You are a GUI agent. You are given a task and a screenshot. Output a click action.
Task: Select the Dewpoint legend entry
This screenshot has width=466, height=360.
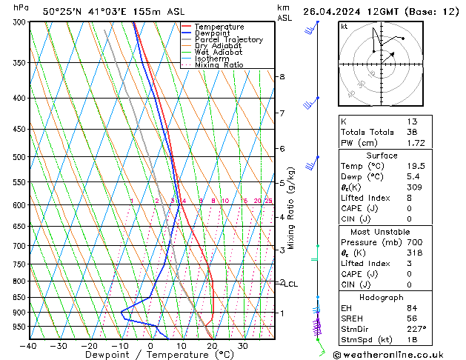(215, 33)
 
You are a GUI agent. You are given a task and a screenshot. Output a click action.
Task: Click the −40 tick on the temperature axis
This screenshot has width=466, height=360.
(28, 346)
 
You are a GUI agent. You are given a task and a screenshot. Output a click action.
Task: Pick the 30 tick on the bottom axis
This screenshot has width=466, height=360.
(242, 346)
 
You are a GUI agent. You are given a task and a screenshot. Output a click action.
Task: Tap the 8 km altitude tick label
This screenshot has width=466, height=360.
(282, 77)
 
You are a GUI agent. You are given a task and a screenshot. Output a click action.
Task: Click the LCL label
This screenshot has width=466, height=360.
(291, 284)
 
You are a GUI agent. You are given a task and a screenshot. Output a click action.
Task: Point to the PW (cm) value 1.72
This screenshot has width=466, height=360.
(412, 142)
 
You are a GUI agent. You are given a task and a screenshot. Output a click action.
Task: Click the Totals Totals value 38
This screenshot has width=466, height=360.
(412, 132)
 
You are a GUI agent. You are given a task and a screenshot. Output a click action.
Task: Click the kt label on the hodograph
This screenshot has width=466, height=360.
(344, 27)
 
